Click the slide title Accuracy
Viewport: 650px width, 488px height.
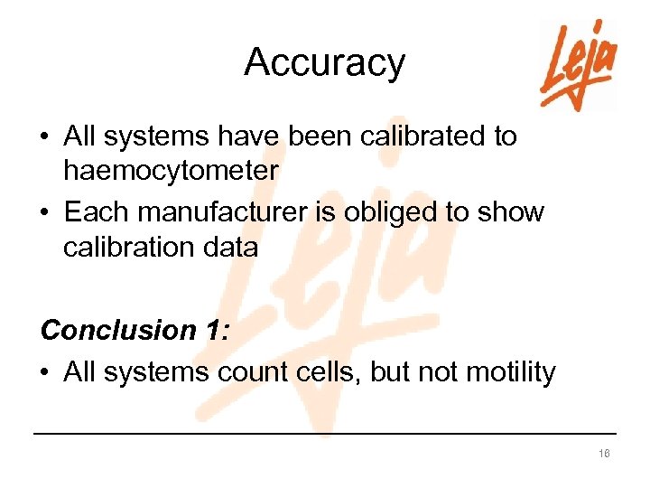[324, 63]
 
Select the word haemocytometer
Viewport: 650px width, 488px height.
[171, 170]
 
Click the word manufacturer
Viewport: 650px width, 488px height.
[226, 213]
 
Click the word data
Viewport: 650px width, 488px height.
[234, 247]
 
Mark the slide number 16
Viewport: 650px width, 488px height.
[604, 453]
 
